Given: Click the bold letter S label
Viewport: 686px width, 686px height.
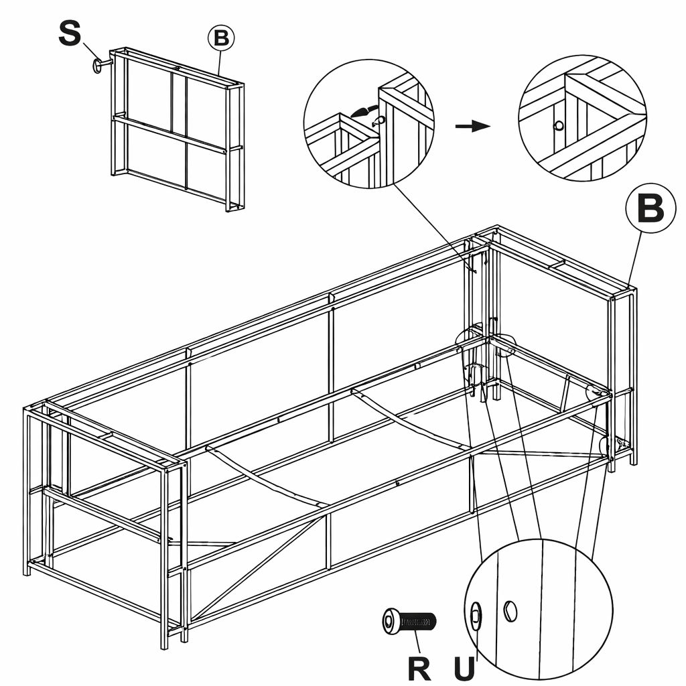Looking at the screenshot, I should click(70, 33).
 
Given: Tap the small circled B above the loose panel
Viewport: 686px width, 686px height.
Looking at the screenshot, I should click(221, 38).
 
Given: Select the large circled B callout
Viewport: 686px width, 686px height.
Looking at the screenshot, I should click(650, 208).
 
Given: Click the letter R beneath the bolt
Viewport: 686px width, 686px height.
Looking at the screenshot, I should click(419, 668).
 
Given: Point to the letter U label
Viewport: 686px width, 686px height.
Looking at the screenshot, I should click(464, 668).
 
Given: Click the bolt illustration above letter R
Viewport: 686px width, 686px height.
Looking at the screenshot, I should click(409, 622).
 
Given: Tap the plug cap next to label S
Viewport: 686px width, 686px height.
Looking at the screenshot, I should click(99, 65).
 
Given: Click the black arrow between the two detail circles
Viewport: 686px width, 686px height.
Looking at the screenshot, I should click(472, 127).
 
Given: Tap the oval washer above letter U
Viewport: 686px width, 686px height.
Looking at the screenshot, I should click(476, 615).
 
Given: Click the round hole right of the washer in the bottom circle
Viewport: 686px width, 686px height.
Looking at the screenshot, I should click(510, 611).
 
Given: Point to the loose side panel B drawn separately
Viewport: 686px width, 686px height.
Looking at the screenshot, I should click(178, 127).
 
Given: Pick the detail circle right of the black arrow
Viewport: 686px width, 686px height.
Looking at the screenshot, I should click(582, 119).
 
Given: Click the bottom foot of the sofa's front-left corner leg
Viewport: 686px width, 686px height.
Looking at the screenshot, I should click(164, 644).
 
